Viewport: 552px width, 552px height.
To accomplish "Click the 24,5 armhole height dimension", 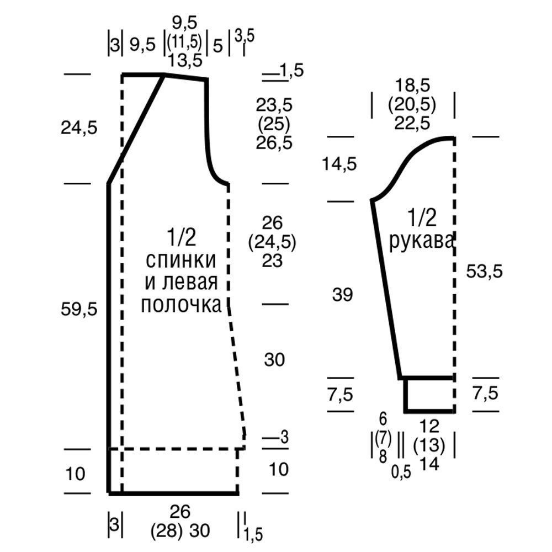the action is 79,128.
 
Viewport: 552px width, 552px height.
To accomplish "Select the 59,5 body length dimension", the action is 79,309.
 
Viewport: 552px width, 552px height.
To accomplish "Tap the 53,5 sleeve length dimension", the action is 485,272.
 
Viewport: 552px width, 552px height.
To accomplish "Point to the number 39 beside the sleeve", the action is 342,294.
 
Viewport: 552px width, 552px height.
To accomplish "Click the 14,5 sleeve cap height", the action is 339,164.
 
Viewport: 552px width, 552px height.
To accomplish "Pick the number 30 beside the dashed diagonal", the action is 274,359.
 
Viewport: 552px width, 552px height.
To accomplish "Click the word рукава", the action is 421,242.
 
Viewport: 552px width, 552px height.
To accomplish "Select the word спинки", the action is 181,260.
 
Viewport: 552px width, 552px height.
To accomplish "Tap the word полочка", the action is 181,305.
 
